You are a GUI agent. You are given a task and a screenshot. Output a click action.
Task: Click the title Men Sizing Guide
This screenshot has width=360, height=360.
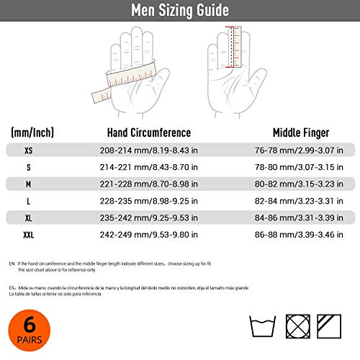point(180,11)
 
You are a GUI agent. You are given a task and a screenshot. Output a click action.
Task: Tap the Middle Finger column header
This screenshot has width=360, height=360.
point(302,132)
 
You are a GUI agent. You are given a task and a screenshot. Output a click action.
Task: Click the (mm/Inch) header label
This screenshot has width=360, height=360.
point(32,132)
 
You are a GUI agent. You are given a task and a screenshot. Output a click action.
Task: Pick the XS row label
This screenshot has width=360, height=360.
point(28,150)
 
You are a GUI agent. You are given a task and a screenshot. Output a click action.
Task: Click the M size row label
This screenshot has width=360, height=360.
point(28,184)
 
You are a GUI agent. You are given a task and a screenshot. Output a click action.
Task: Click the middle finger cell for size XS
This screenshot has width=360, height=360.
point(302,150)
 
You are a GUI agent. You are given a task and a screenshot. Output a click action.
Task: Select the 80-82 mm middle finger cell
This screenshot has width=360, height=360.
point(302,184)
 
